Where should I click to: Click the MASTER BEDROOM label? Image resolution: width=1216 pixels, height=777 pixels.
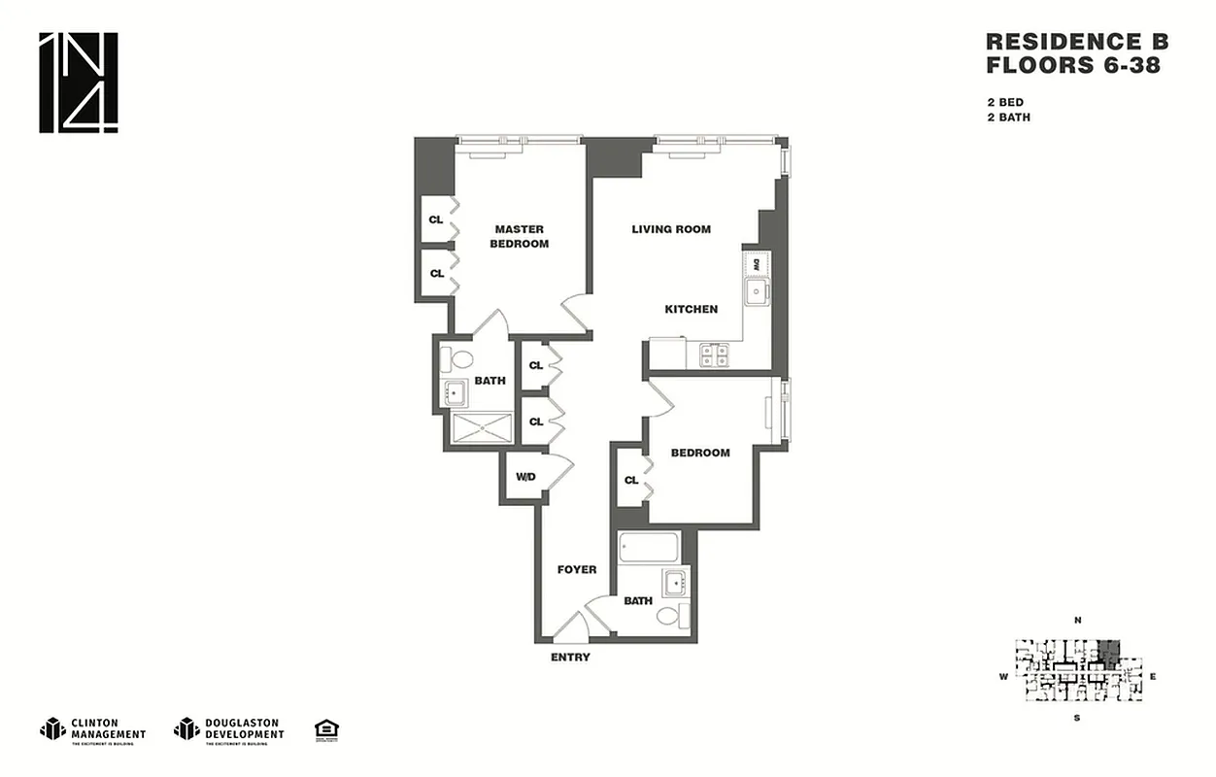(519, 236)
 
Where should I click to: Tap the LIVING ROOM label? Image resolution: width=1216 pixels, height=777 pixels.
(671, 229)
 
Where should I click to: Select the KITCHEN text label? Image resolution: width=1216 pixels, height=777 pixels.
(691, 309)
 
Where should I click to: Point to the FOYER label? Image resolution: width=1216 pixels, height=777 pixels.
(576, 569)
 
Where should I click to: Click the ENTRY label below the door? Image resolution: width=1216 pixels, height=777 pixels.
(570, 658)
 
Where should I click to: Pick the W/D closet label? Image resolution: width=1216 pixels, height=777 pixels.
(525, 477)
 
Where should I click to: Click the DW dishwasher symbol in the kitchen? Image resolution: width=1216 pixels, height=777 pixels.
(757, 263)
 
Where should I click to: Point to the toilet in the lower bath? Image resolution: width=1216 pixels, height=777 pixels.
(670, 615)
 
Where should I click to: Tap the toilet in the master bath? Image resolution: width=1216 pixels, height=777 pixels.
(452, 359)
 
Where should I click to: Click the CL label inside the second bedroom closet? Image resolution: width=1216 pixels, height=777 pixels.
(631, 480)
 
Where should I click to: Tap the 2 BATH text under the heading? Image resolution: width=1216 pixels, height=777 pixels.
(1008, 118)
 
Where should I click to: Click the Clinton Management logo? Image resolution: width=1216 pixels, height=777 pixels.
(93, 729)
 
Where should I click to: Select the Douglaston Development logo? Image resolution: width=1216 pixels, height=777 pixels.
(229, 729)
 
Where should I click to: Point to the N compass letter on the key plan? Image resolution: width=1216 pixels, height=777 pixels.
(1077, 620)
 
